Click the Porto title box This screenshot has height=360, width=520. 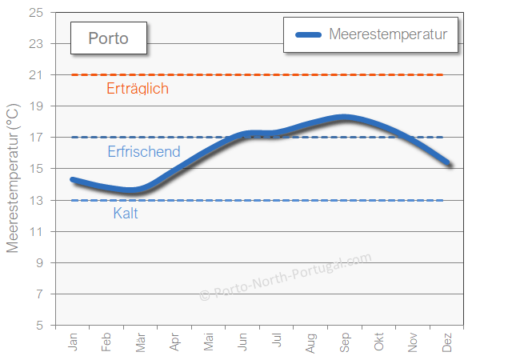107,38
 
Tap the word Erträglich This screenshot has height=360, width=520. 138,89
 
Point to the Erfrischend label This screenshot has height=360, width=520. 144,151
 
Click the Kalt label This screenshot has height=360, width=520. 126,214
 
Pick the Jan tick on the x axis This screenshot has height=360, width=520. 74,342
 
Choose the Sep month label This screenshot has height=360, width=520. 346,342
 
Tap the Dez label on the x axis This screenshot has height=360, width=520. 447,342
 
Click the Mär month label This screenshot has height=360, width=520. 142,342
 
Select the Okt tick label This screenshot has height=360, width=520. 379,342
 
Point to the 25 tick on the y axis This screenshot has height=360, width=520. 37,13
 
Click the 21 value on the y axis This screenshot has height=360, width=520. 37,75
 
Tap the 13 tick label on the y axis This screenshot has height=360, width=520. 37,200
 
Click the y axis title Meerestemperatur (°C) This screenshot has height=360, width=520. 13,178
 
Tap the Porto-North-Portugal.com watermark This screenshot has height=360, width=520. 286,277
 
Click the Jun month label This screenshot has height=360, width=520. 243,342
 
